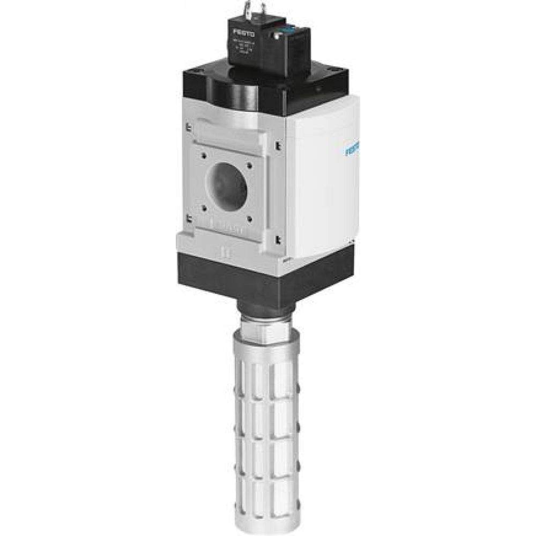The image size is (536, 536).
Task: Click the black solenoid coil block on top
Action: (257, 46)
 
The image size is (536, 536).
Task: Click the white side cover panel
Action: (322, 177)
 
